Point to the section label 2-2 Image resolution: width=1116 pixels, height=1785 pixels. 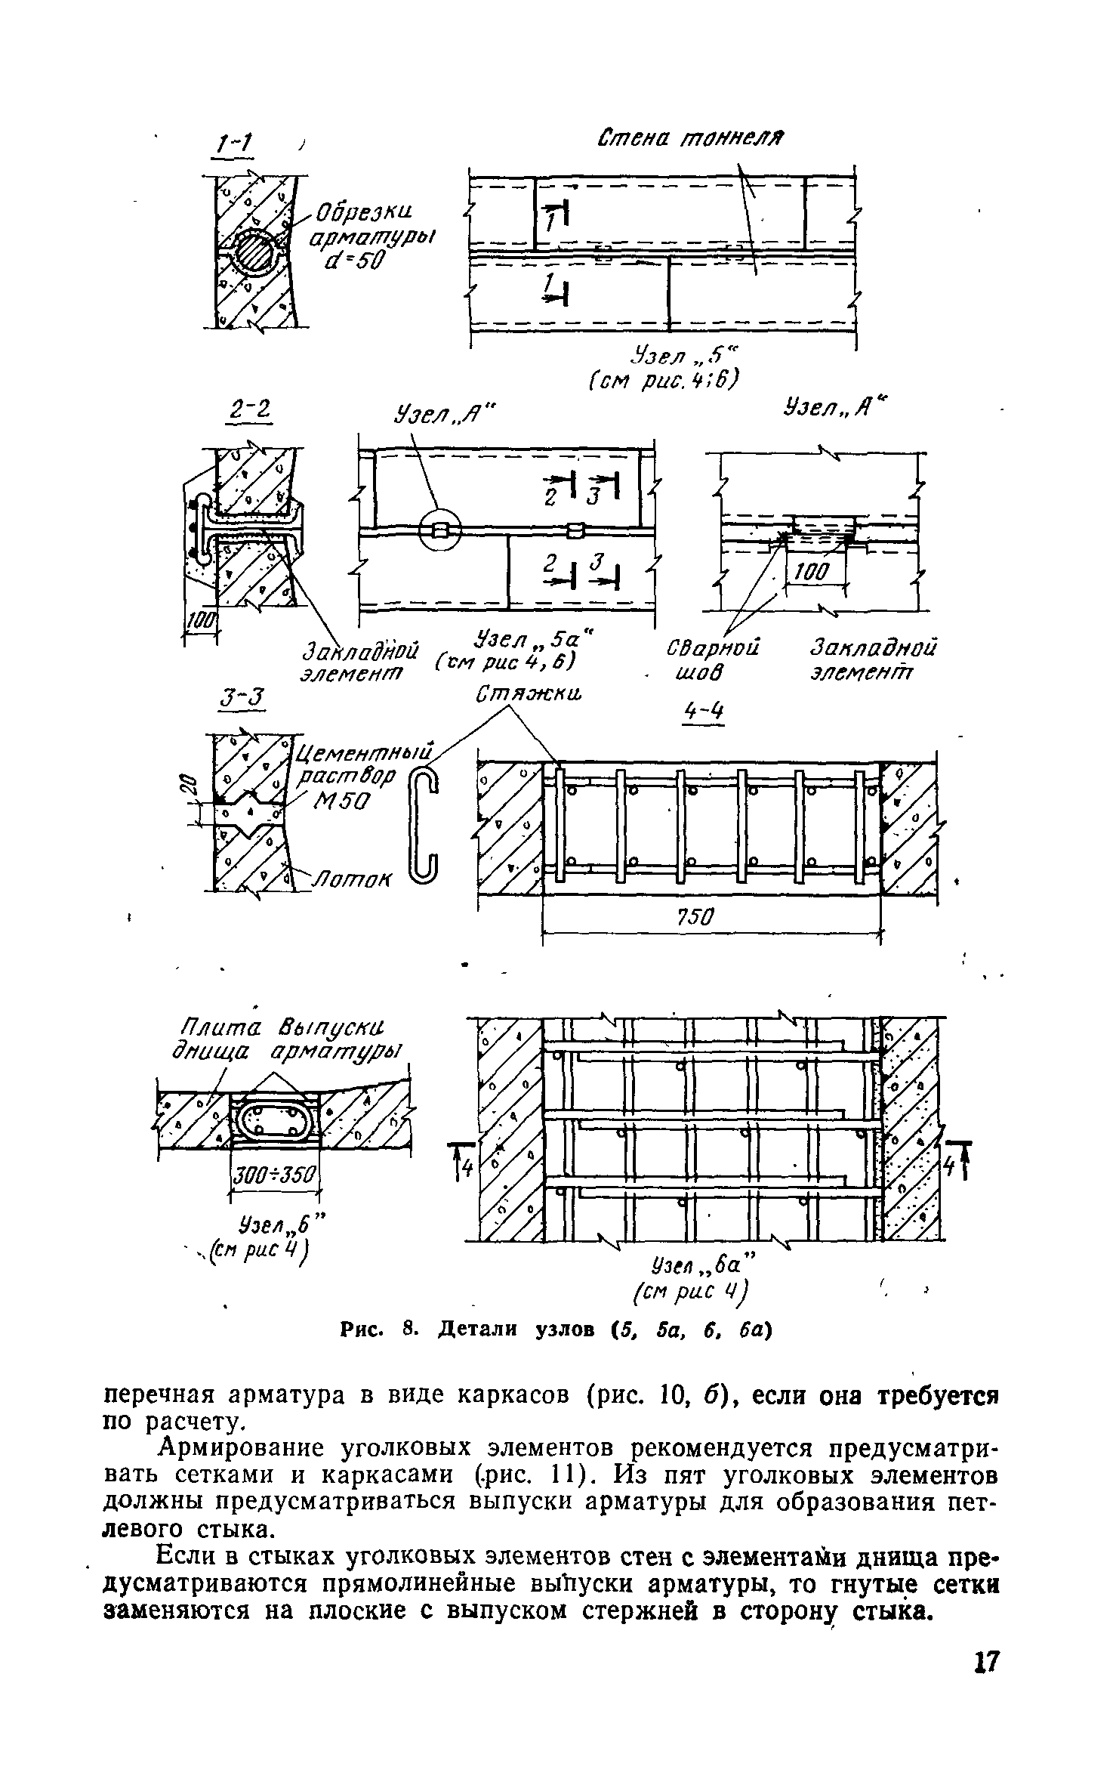coord(248,413)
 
